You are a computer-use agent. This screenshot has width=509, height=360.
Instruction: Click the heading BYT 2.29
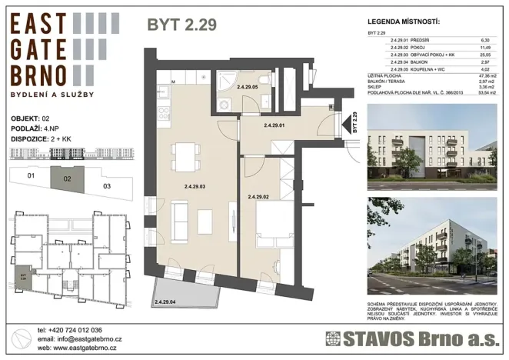(181, 25)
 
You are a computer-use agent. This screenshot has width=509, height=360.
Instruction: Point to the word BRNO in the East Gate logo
(39, 75)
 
